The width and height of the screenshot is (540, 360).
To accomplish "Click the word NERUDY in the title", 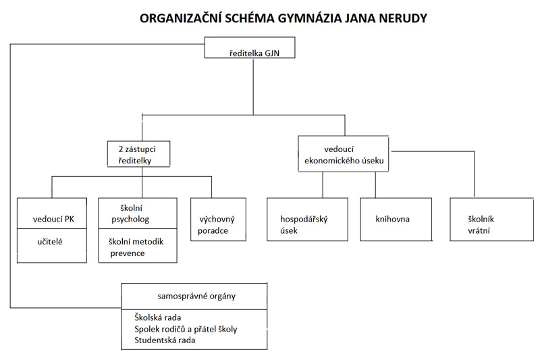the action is coord(403,18).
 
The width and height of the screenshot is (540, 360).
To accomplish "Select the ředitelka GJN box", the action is coord(250,47).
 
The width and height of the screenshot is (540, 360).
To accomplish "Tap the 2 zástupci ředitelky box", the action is coord(138,154).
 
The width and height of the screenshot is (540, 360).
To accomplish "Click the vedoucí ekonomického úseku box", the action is coord(344,153).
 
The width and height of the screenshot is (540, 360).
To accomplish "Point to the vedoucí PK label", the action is coord(53,219).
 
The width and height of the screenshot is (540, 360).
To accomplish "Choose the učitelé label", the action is coord(50,242).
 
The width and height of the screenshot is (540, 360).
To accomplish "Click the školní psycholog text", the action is coord(130,213).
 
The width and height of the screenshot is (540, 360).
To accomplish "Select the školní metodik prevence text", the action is coord(136,247).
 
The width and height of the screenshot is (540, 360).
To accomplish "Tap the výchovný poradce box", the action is coord(218,219).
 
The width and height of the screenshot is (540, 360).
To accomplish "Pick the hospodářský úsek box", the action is coord(307,219).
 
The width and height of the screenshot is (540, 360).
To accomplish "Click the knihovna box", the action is coord(396,219).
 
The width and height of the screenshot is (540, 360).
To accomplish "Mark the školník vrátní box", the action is coord(492,219).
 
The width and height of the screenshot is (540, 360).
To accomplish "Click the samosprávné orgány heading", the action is coord(196,297).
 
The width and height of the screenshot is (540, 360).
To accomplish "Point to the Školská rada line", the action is coord(158,317).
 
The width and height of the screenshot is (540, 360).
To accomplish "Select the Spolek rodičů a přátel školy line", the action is coord(186,329).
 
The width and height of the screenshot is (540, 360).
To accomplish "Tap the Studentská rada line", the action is coord(165,340).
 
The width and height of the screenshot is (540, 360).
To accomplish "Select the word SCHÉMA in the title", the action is coord(250,18).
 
